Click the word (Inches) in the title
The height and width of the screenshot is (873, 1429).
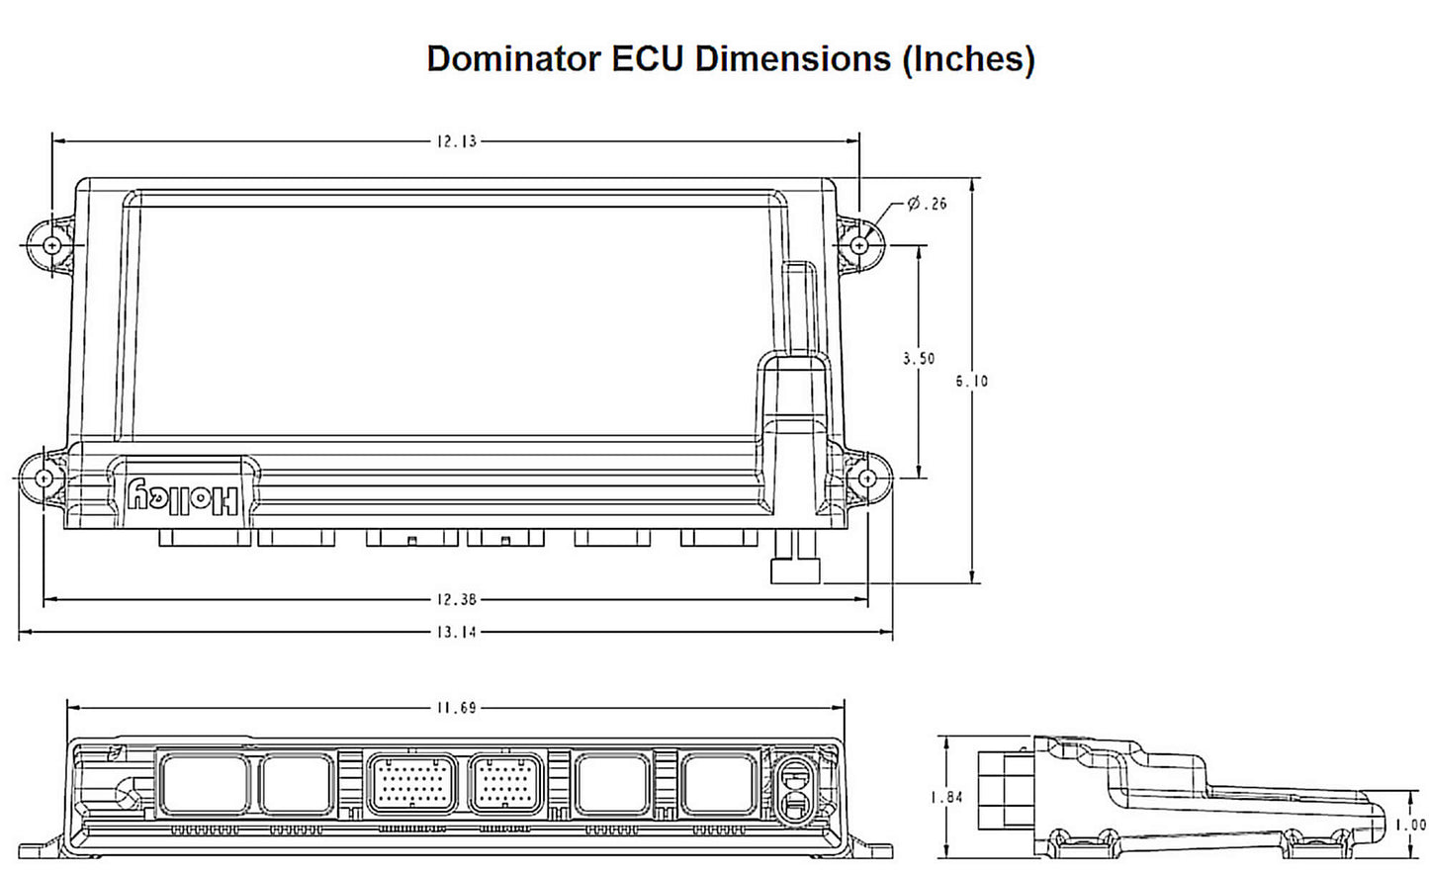tap(967, 59)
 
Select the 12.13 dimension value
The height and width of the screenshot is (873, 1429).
tap(456, 141)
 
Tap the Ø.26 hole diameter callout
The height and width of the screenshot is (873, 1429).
tap(927, 204)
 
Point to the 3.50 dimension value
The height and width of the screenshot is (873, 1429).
tap(918, 359)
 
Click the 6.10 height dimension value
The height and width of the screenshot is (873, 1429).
tap(971, 381)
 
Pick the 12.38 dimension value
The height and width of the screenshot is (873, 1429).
tap(456, 599)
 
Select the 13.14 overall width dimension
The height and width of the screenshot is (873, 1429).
tap(456, 632)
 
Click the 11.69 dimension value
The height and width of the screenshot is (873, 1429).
tap(456, 708)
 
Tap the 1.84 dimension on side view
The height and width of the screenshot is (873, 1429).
tap(946, 797)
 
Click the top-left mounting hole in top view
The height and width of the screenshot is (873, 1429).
tap(52, 244)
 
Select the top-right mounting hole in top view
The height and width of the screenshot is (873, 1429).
tap(859, 243)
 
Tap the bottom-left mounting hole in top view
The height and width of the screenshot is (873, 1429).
tap(44, 479)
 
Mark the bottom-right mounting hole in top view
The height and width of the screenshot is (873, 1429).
tap(867, 479)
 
